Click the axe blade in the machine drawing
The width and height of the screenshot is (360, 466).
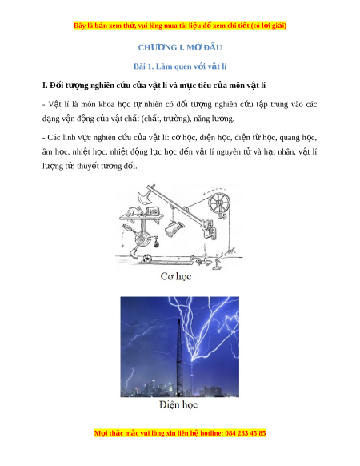coord(144,198)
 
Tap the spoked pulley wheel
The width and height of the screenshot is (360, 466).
coord(219,203)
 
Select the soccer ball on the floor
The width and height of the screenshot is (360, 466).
coord(146,258)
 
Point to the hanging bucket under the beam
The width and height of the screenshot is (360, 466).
coord(174,229)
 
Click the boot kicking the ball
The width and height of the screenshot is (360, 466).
coord(133,254)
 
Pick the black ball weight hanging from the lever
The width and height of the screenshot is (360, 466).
coord(157,244)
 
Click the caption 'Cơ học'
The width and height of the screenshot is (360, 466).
coord(176,276)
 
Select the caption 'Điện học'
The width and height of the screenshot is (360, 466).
coord(178,404)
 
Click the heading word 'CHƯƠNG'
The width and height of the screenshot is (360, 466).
coord(158,47)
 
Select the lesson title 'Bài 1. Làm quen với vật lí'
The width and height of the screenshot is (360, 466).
coord(180,66)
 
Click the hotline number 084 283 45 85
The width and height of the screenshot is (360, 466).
coord(246,433)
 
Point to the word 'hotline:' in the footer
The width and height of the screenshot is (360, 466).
coord(212,433)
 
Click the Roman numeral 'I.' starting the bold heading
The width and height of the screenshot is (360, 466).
coord(45,86)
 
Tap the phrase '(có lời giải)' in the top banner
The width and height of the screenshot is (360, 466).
coord(269,26)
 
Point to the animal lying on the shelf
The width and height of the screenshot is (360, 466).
coord(134,211)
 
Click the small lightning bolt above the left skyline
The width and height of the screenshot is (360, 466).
coord(130,377)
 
